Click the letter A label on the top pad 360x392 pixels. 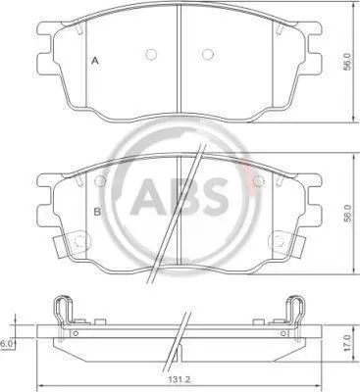pyautogui.click(x=95, y=61)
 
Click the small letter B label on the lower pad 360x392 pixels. pyautogui.click(x=97, y=212)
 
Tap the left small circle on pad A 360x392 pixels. pyautogui.click(x=151, y=54)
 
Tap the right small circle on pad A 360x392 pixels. pyautogui.click(x=208, y=54)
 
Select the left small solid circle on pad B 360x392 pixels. pyautogui.click(x=100, y=180)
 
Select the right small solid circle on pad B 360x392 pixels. pyautogui.click(x=259, y=180)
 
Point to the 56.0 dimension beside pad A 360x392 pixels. pyautogui.click(x=347, y=62)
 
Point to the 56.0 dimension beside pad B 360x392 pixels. pyautogui.click(x=347, y=214)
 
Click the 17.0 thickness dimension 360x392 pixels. pyautogui.click(x=349, y=343)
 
